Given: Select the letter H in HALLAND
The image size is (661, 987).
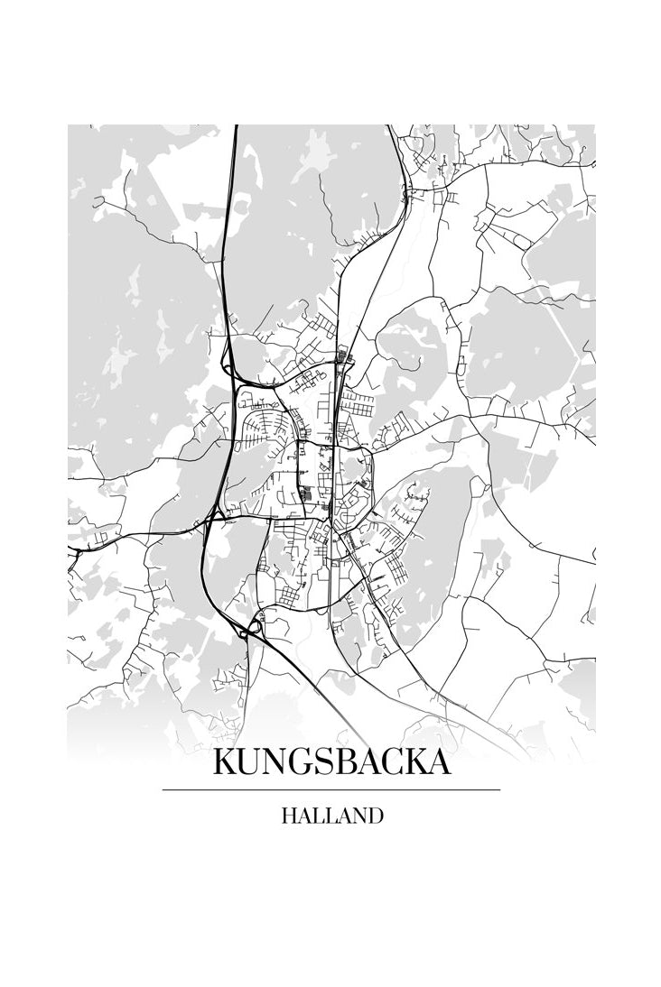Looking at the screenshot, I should (x=289, y=816).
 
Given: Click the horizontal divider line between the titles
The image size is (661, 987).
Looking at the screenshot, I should (x=330, y=790).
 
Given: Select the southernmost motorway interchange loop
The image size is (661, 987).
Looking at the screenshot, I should (x=250, y=626).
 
